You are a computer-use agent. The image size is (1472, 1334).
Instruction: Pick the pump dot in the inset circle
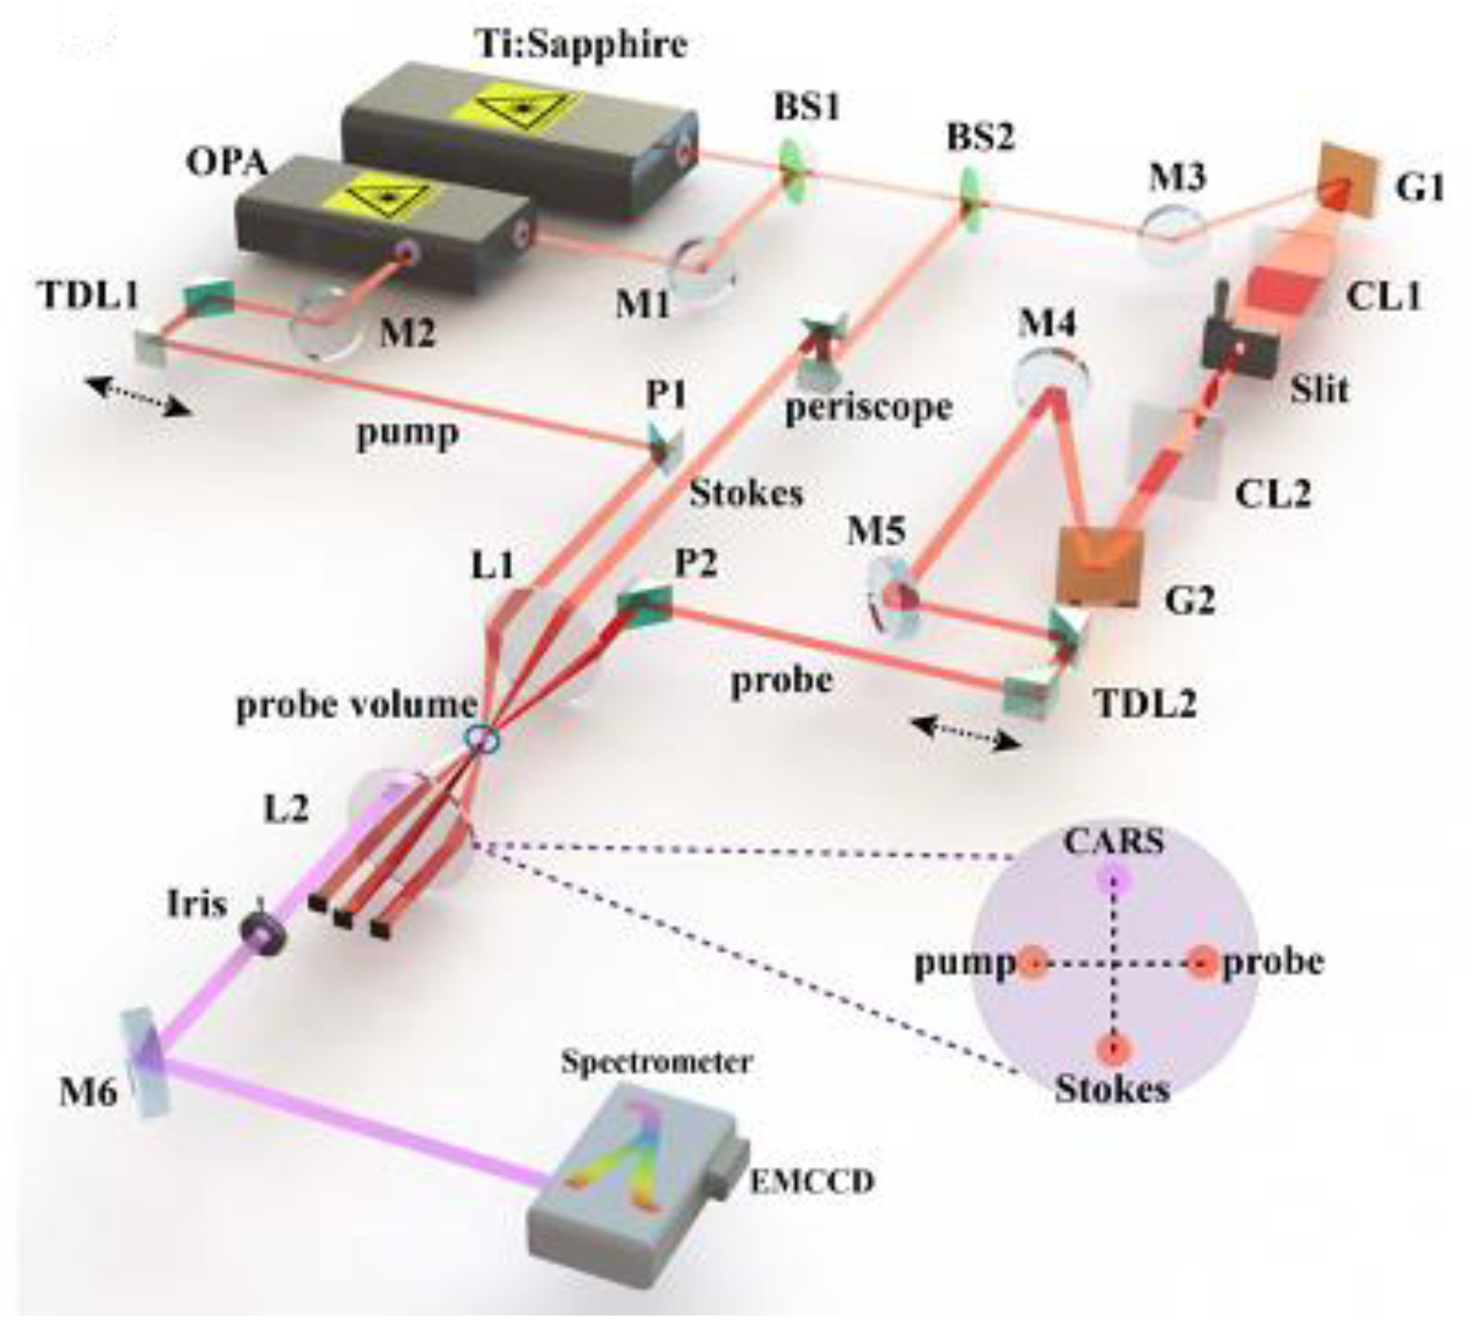point(1033,964)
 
